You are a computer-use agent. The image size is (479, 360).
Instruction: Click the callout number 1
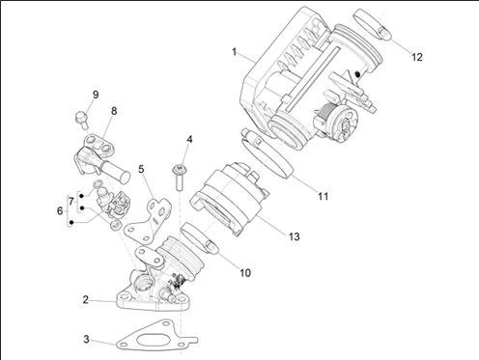[235, 52]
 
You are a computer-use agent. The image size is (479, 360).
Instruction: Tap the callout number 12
[417, 57]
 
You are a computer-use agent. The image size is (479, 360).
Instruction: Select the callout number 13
[294, 236]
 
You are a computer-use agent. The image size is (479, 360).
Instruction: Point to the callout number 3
[86, 339]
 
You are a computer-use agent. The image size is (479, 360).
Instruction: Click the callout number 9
[96, 95]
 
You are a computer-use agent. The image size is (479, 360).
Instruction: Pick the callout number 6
[60, 211]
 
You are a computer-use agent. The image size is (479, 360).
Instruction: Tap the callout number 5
[141, 169]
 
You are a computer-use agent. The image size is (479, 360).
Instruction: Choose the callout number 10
[245, 273]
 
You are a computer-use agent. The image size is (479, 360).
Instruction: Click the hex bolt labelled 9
[81, 120]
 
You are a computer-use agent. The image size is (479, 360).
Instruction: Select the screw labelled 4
[179, 178]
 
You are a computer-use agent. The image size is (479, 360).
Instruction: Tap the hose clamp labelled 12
[373, 24]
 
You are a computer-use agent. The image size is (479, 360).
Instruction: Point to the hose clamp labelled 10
[200, 238]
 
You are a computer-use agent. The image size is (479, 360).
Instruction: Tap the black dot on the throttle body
[356, 74]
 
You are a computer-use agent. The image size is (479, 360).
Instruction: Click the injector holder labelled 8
[100, 156]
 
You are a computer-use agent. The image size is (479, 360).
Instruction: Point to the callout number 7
[71, 202]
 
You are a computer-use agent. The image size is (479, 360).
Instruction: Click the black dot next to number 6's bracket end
[71, 222]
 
